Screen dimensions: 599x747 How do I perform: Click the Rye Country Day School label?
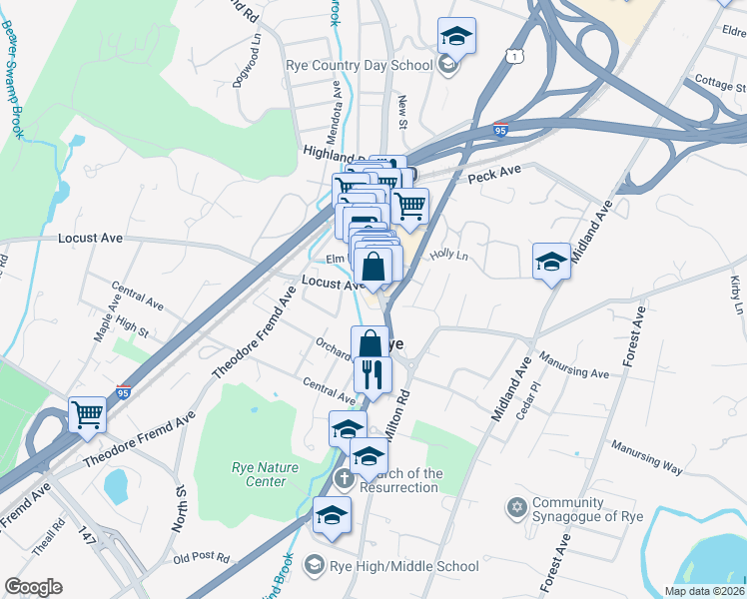coord(360,66)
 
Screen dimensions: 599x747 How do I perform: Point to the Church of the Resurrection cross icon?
coord(343,478)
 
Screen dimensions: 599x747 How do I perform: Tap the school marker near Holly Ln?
coord(551,262)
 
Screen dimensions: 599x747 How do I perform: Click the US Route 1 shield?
coord(513,58)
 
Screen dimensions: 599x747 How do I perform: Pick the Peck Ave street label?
coord(495,176)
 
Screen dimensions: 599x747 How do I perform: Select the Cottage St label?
coord(713,81)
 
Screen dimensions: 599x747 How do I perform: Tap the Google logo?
coord(33,587)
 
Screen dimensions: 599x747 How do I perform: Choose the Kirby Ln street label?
coord(736,294)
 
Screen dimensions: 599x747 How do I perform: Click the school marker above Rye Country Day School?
coord(456,36)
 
